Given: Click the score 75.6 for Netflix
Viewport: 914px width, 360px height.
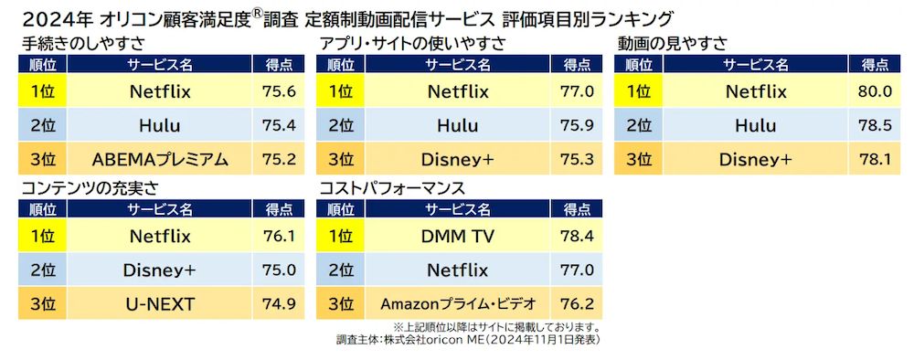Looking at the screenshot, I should tap(278, 92).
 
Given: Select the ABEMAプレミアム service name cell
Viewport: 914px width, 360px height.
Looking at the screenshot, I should tap(160, 160).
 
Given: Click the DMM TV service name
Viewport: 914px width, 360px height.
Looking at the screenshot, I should tap(458, 236).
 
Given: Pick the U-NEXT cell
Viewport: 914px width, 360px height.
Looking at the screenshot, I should tap(160, 304).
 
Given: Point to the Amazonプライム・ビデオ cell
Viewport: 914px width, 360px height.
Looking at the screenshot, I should tap(458, 304).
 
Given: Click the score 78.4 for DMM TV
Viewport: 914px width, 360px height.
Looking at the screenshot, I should tap(576, 236).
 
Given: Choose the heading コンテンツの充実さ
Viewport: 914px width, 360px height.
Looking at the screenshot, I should tap(90, 188).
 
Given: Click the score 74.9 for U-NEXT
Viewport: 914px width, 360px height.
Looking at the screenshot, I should tap(278, 304).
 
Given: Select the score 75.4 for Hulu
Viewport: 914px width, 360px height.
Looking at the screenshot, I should tap(278, 126).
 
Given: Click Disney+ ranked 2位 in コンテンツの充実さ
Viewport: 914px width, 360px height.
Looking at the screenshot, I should tap(160, 270).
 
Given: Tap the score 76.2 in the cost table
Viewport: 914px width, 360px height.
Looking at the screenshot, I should tap(576, 304).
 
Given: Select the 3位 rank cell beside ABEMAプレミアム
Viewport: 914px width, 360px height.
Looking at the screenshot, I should tap(42, 160).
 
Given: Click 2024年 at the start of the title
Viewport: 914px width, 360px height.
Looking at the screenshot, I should tap(44, 17).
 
